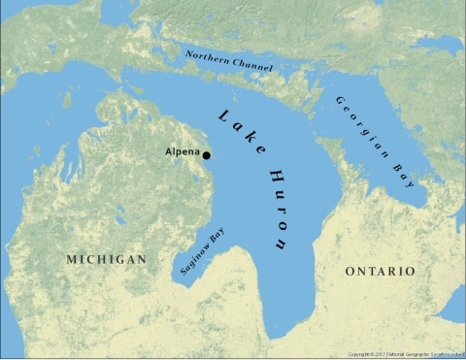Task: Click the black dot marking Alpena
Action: pyautogui.click(x=206, y=154)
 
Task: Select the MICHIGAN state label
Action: pyautogui.click(x=107, y=259)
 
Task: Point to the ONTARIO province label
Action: pyautogui.click(x=381, y=271)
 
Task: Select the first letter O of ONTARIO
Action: pyautogui.click(x=350, y=271)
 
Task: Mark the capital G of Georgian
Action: pyautogui.click(x=340, y=101)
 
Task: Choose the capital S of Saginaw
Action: pyautogui.click(x=183, y=271)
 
